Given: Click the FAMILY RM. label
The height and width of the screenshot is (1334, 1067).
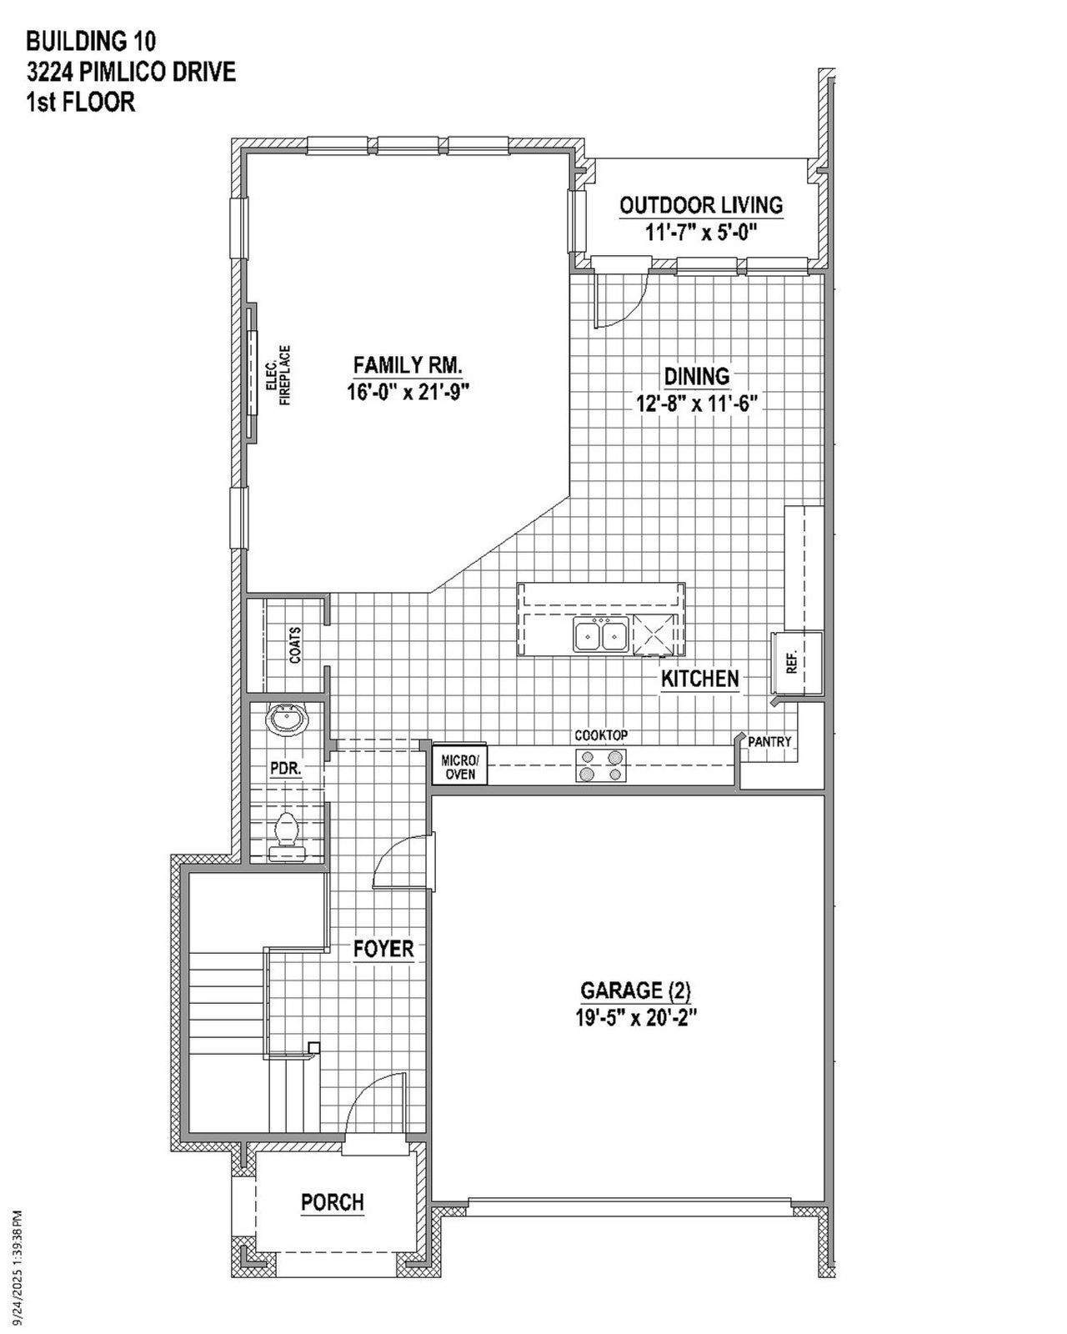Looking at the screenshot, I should tap(408, 365).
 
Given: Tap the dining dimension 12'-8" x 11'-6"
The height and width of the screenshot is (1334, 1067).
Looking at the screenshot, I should tap(696, 404).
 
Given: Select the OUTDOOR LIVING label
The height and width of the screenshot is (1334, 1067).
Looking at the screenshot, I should tap(701, 205).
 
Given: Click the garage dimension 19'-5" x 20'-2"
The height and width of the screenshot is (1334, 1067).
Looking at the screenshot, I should tap(636, 1018).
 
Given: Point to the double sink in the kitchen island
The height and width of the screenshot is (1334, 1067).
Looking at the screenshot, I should tap(600, 635).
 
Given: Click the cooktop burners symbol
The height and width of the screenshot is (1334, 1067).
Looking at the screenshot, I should tap(601, 765).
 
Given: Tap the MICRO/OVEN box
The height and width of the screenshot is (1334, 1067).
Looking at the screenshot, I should tap(459, 766).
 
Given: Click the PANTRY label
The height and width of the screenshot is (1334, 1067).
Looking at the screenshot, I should tap(769, 741).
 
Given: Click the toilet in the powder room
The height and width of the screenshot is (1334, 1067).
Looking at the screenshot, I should tap(287, 831).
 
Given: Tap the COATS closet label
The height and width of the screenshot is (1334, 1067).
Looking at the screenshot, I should tap(295, 645).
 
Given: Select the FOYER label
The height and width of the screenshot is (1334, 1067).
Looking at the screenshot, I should tap(383, 949).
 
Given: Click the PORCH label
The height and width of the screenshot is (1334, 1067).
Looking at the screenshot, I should tap(333, 1202).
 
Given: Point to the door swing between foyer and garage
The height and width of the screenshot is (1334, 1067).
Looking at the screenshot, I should tap(402, 863).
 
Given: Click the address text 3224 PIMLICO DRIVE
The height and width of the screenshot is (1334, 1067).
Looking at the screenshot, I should tap(131, 73).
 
